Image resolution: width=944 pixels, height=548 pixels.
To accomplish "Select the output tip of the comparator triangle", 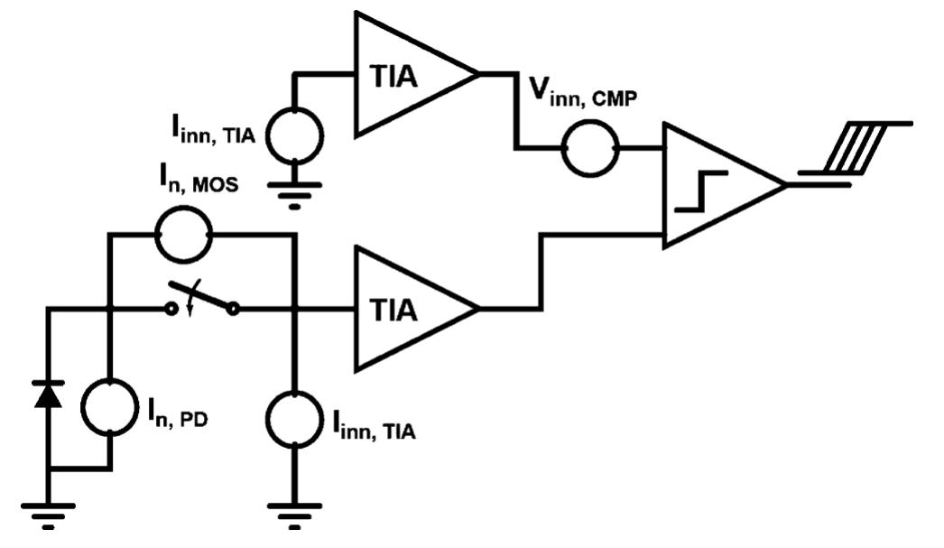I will pyautogui.click(x=784, y=185).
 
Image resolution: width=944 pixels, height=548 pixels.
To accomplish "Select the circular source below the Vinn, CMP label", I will pyautogui.click(x=590, y=147).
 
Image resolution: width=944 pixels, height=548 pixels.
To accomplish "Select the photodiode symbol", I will pyautogui.click(x=49, y=395).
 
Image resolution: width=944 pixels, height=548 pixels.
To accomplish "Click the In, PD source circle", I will pyautogui.click(x=110, y=407).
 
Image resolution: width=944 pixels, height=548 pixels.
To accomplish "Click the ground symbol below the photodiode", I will pyautogui.click(x=49, y=515).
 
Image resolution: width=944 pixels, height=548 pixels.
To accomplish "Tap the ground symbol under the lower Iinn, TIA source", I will pyautogui.click(x=294, y=515).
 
